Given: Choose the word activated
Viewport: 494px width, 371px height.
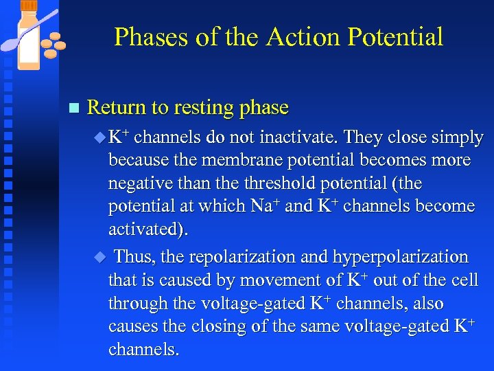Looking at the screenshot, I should [143, 229].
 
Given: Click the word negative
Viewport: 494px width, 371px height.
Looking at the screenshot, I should [139, 183].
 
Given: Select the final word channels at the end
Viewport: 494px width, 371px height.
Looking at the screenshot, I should [143, 350].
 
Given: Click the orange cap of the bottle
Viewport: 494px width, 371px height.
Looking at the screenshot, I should [29, 5].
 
